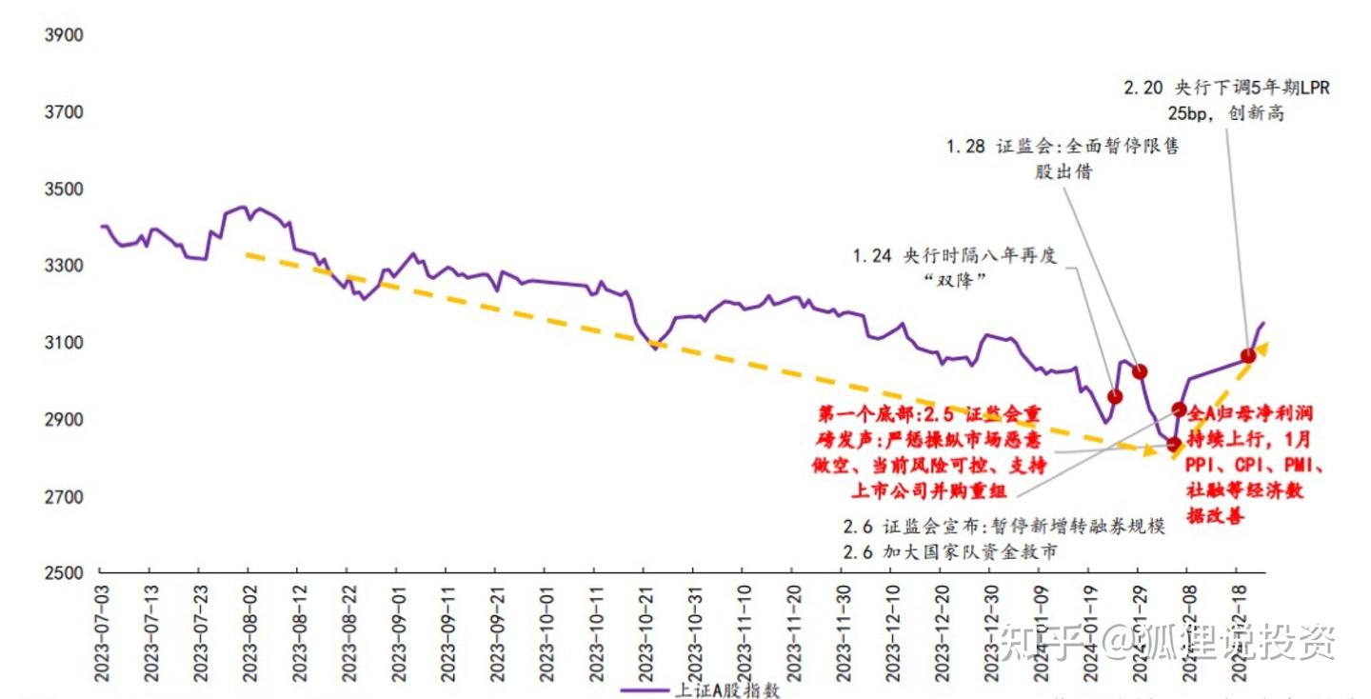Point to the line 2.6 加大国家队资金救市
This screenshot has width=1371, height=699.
[950, 551]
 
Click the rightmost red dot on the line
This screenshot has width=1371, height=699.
[1248, 356]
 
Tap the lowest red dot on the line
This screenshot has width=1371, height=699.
[1173, 444]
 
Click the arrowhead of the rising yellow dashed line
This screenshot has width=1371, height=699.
[1262, 349]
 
